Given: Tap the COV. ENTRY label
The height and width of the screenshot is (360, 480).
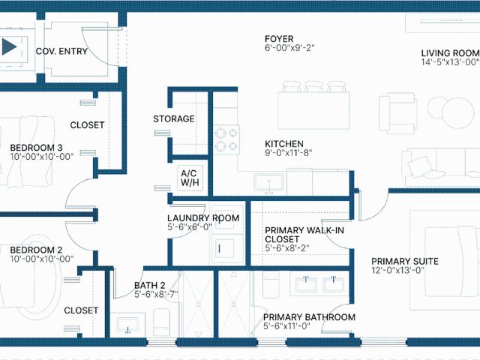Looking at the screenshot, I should tap(61, 52).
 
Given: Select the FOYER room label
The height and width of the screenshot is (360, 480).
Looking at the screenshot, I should tap(279, 39).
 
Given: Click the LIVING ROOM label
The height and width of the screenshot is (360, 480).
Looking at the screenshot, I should tap(449, 52).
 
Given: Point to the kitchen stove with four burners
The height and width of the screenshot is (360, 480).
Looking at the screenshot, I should tap(227, 137).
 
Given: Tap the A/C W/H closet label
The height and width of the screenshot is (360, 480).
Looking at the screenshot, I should tap(187, 177).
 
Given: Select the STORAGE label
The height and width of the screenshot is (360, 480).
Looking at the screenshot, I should tap(174, 118).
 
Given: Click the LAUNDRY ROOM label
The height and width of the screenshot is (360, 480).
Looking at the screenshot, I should tap(202, 218).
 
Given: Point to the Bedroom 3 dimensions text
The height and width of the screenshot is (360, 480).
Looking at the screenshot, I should tap(40, 157).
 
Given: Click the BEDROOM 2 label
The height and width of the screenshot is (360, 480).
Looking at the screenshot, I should tap(36, 250).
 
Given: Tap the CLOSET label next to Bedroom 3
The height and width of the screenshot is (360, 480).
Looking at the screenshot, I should tap(87, 124).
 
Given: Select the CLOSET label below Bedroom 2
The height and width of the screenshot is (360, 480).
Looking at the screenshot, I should tap(81, 310).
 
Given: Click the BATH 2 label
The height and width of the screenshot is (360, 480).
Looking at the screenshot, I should tap(149, 285).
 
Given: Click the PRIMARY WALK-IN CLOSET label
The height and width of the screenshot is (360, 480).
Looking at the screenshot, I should tap(304, 235).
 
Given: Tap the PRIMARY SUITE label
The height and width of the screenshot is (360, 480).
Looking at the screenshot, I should tap(405, 262).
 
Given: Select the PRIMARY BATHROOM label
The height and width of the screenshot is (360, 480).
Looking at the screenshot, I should tap(309, 317).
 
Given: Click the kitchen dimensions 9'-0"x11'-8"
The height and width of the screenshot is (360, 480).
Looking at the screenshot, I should tap(288, 152).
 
